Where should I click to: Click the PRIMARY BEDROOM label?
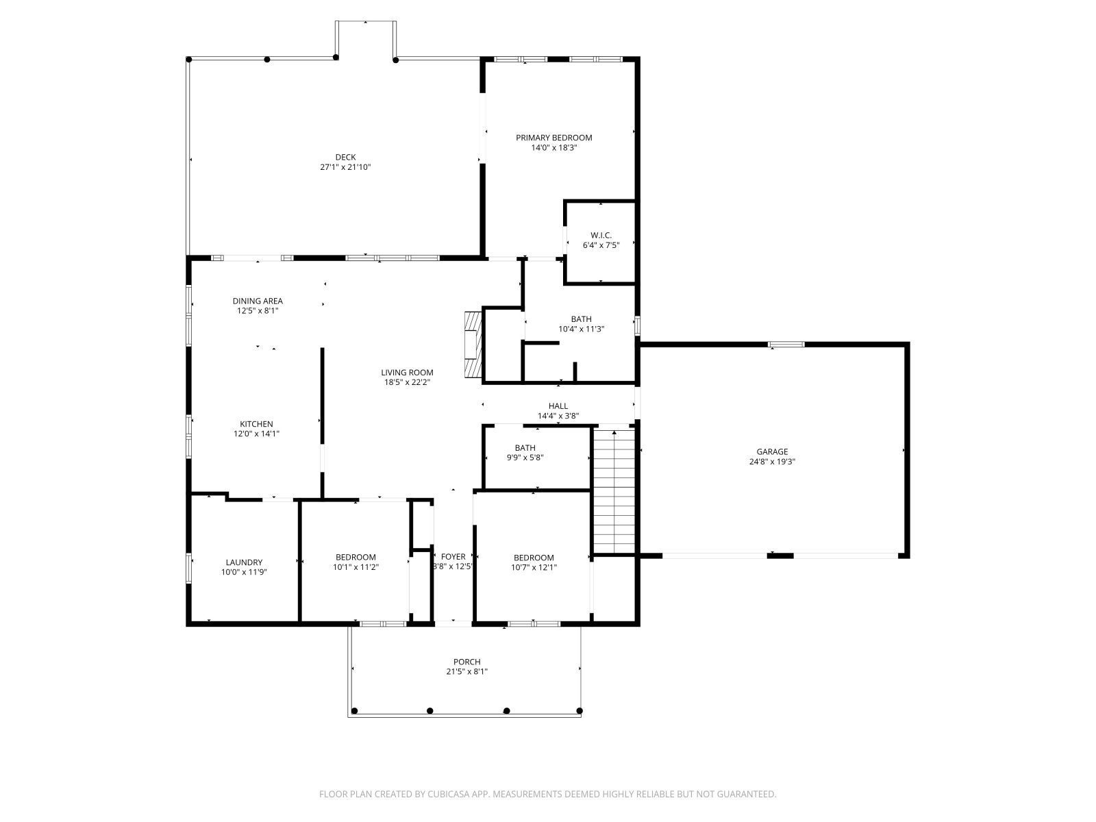553,138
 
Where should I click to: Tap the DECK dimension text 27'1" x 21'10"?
345,167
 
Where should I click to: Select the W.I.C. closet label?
601,235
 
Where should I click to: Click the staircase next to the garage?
614,490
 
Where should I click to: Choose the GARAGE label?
772,451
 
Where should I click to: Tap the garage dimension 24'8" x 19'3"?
772,462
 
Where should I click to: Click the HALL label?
558,406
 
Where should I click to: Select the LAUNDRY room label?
243,562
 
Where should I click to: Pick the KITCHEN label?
256,424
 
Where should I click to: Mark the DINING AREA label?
258,301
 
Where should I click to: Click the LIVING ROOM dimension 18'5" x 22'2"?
407,383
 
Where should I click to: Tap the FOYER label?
453,557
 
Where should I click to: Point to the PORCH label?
466,662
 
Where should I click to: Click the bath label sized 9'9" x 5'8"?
525,448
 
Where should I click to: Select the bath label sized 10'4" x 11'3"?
581,319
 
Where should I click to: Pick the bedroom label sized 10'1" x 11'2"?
356,557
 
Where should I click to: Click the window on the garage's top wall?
786,345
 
